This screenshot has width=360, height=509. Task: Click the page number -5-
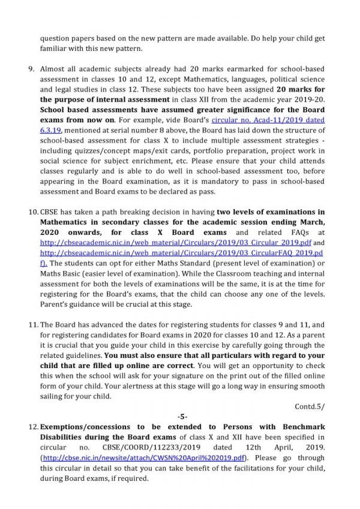pyautogui.click(x=180, y=415)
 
